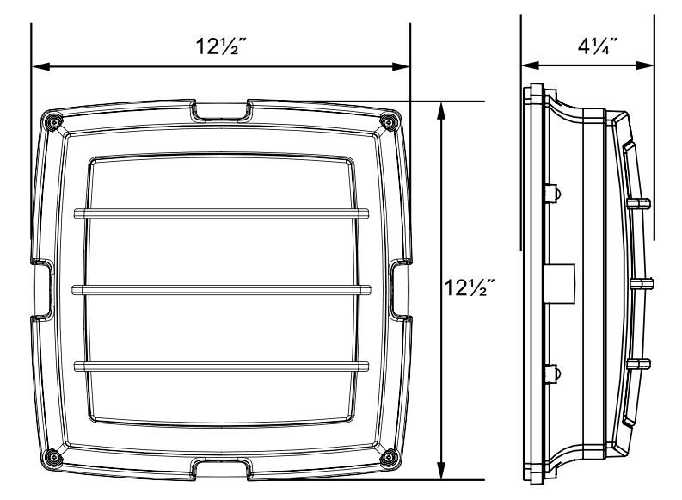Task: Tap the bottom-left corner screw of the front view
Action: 52,456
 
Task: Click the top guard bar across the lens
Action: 221,213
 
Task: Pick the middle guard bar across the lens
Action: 221,290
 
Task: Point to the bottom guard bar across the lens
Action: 221,367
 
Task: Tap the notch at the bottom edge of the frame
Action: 221,469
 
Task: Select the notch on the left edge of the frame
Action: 42,289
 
